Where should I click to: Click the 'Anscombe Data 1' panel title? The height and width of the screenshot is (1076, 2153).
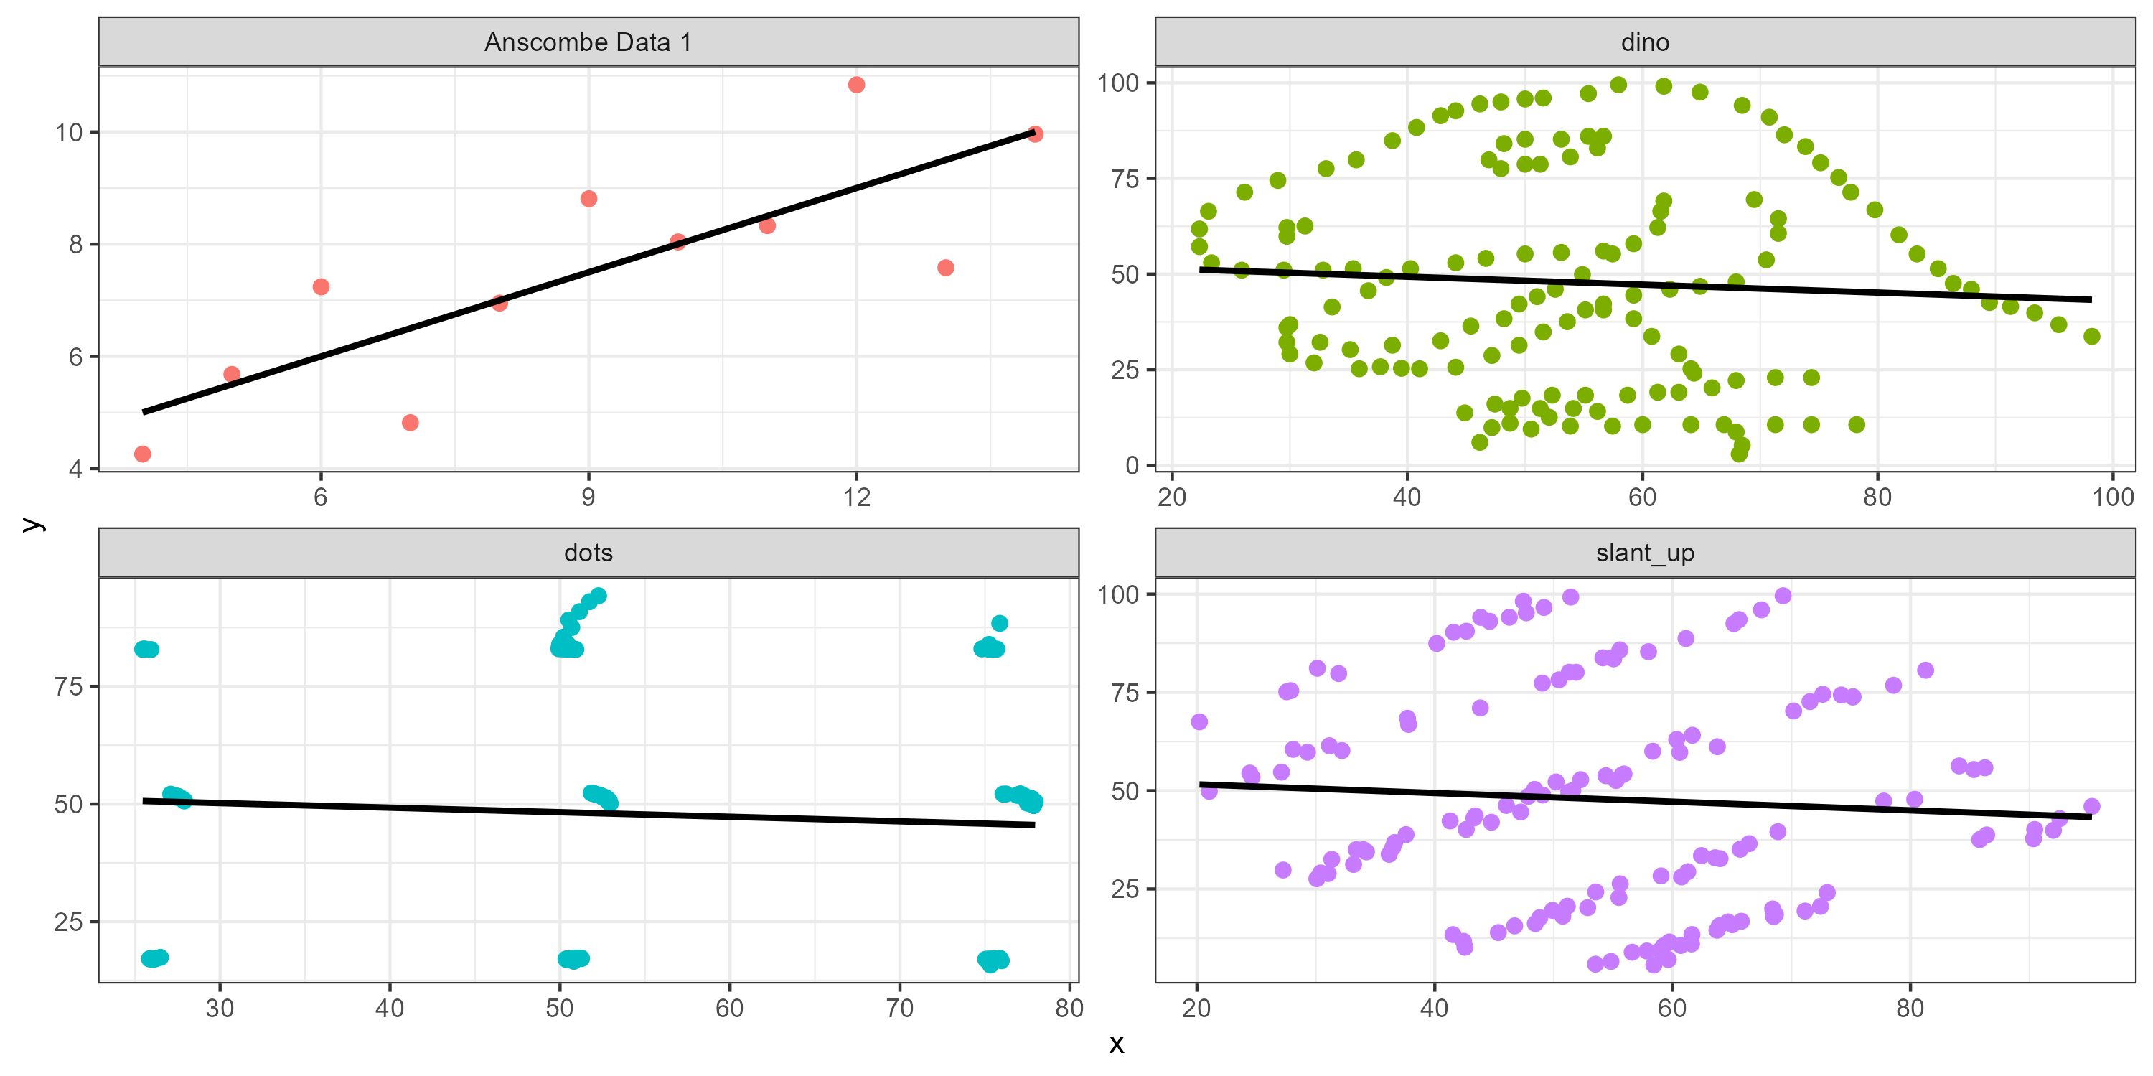pyautogui.click(x=588, y=42)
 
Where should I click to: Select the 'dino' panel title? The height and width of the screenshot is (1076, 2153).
pyautogui.click(x=1644, y=42)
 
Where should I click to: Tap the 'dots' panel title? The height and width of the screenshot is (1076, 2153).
pyautogui.click(x=588, y=553)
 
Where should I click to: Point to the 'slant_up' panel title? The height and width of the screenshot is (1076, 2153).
pyautogui.click(x=1644, y=553)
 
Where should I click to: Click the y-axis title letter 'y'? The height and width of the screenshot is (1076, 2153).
pyautogui.click(x=32, y=524)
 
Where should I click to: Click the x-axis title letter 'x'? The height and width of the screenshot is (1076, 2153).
pyautogui.click(x=1117, y=1044)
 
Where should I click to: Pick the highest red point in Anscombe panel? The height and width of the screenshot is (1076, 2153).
pyautogui.click(x=856, y=85)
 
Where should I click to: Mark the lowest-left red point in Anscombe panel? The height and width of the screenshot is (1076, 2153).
pyautogui.click(x=143, y=454)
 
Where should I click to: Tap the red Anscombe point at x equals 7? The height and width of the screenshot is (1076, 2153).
pyautogui.click(x=411, y=422)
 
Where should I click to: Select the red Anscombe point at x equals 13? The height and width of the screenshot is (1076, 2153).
pyautogui.click(x=945, y=268)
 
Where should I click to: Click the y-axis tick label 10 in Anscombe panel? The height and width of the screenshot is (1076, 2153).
pyautogui.click(x=68, y=132)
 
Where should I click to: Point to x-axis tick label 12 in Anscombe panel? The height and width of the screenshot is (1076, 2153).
pyautogui.click(x=856, y=497)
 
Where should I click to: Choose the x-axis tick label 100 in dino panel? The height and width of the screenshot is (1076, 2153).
pyautogui.click(x=2112, y=497)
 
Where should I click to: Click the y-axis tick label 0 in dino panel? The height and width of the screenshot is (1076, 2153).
pyautogui.click(x=1132, y=465)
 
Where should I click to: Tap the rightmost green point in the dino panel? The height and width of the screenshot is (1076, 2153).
pyautogui.click(x=2092, y=336)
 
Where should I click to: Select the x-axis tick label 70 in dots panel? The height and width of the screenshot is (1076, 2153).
pyautogui.click(x=899, y=1009)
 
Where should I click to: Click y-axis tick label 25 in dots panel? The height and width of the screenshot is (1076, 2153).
pyautogui.click(x=68, y=922)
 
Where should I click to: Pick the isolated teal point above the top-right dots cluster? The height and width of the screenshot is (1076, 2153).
pyautogui.click(x=1000, y=623)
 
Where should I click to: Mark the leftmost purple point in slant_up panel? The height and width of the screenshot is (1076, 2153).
pyautogui.click(x=1199, y=721)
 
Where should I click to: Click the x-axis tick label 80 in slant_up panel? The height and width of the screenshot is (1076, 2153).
pyautogui.click(x=1910, y=1009)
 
